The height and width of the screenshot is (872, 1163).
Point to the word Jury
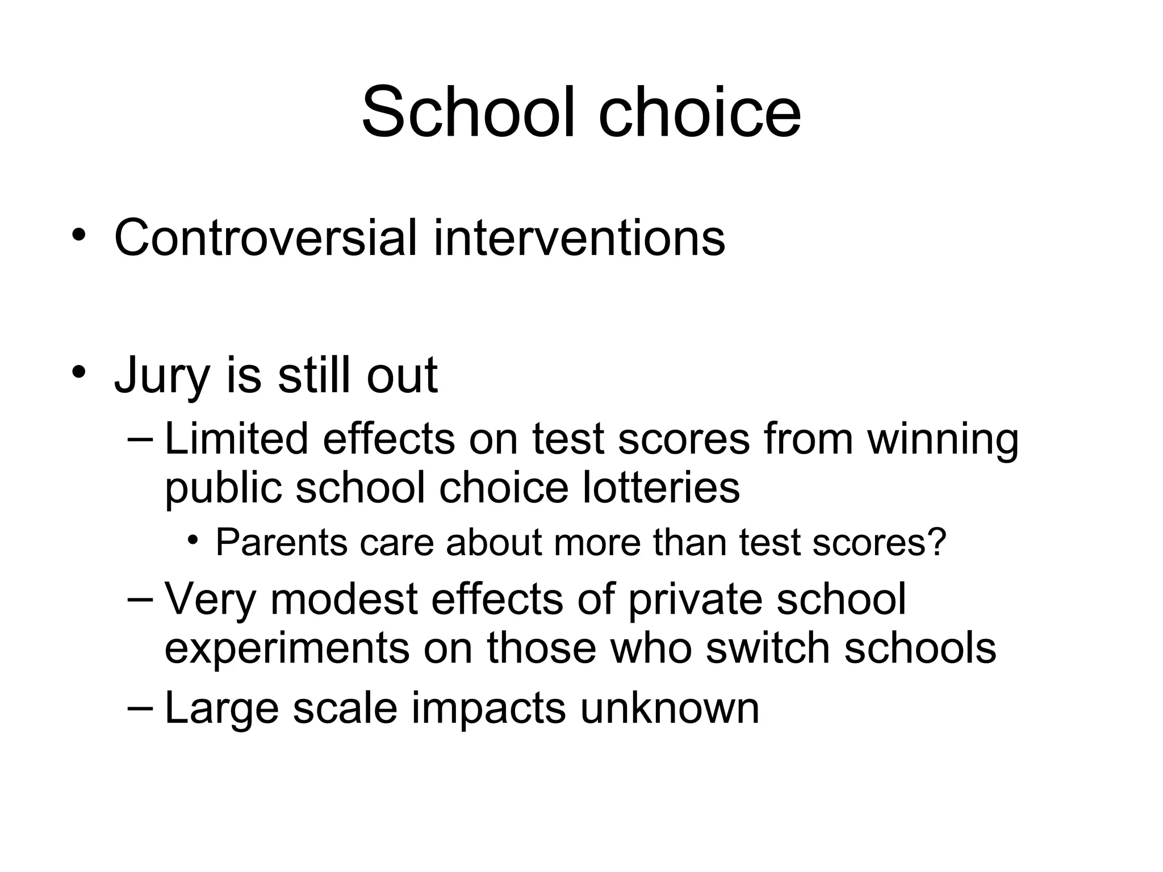[162, 376]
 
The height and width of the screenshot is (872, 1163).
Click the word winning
[943, 440]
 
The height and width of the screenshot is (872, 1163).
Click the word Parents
[282, 542]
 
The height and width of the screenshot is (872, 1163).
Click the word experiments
[287, 649]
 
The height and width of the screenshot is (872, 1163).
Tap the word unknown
[670, 708]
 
